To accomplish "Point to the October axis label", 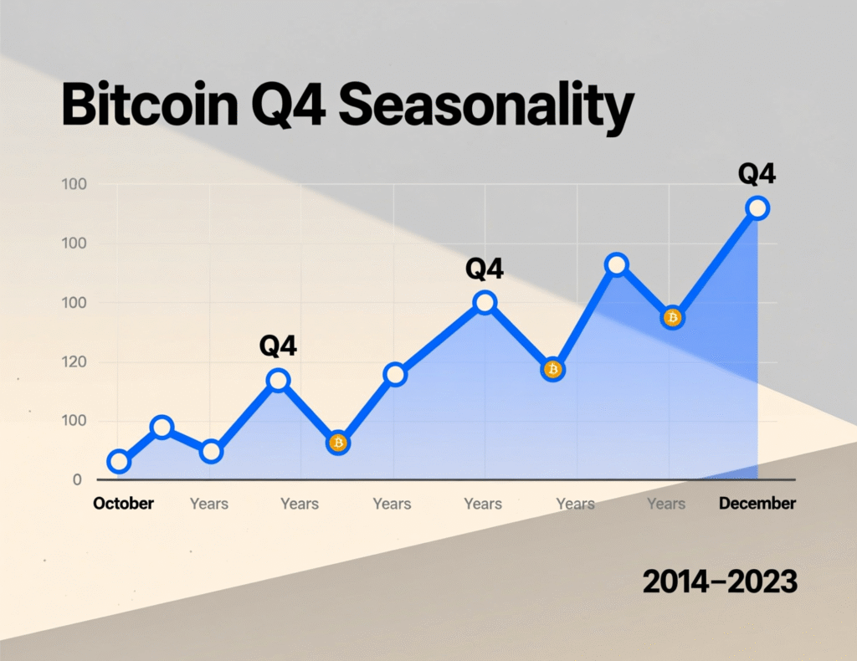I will (x=124, y=504).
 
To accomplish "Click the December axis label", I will (x=757, y=504).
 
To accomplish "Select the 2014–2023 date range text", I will (x=719, y=582).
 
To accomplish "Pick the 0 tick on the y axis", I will (x=77, y=480).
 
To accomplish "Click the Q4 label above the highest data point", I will (x=757, y=174).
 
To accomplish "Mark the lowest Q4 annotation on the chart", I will (x=279, y=346).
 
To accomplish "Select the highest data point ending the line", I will (x=757, y=208).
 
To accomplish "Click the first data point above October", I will (x=120, y=462).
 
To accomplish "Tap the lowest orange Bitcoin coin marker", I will (x=337, y=443).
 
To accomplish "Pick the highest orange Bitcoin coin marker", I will (x=672, y=318).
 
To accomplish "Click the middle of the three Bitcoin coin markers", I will (x=552, y=369).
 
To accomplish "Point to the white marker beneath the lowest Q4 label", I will (x=279, y=381).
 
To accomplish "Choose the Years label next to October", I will (x=208, y=504).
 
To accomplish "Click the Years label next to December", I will (x=666, y=504).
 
